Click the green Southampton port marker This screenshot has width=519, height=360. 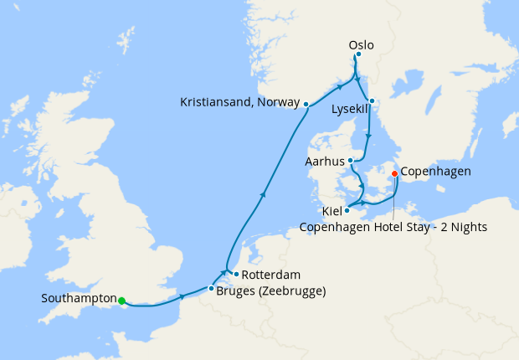[121, 301]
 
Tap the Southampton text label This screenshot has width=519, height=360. [79, 298]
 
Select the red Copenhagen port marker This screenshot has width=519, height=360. [395, 173]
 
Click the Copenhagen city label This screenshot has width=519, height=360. [435, 172]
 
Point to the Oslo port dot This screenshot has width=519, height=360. [358, 54]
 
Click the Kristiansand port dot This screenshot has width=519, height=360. [306, 105]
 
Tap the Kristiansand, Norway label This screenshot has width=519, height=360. [239, 102]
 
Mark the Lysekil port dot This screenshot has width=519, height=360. [373, 102]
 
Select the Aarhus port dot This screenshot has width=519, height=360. [350, 161]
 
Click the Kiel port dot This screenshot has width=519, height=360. [347, 210]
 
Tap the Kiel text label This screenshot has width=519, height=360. [331, 212]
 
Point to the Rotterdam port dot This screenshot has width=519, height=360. [237, 274]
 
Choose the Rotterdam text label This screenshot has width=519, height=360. [272, 275]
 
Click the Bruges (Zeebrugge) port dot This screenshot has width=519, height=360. [211, 289]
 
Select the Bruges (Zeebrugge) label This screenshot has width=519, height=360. [271, 291]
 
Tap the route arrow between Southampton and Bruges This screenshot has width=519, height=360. [182, 296]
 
